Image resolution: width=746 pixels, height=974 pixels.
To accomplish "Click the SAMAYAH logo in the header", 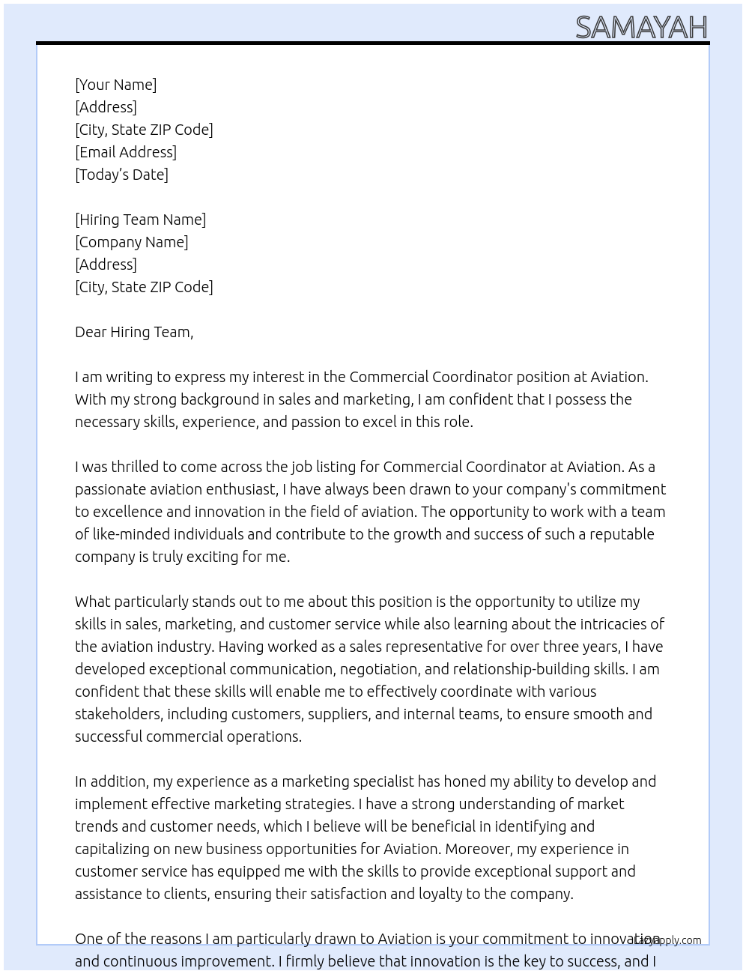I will (641, 28).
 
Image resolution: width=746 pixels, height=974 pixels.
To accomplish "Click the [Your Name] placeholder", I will (116, 85).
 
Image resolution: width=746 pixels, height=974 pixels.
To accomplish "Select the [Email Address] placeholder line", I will (126, 152).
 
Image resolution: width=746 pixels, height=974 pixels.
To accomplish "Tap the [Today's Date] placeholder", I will (121, 175).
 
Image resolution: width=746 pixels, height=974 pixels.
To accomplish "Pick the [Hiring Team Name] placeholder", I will (141, 220).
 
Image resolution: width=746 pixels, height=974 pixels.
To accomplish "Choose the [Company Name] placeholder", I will (132, 242).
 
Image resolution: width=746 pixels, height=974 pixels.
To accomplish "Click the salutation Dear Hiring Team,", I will (134, 332).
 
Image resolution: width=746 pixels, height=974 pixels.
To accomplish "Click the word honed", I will (464, 781).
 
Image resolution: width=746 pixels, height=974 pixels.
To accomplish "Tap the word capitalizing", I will (113, 849).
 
